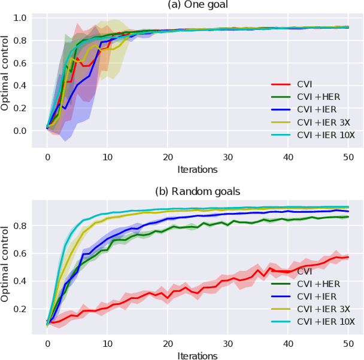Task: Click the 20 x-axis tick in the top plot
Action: (168, 157)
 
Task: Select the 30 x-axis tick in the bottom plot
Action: (228, 344)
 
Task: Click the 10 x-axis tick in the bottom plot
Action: (107, 344)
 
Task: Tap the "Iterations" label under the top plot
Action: (197, 169)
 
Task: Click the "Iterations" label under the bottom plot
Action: (197, 355)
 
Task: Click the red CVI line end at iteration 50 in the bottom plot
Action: (348, 257)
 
